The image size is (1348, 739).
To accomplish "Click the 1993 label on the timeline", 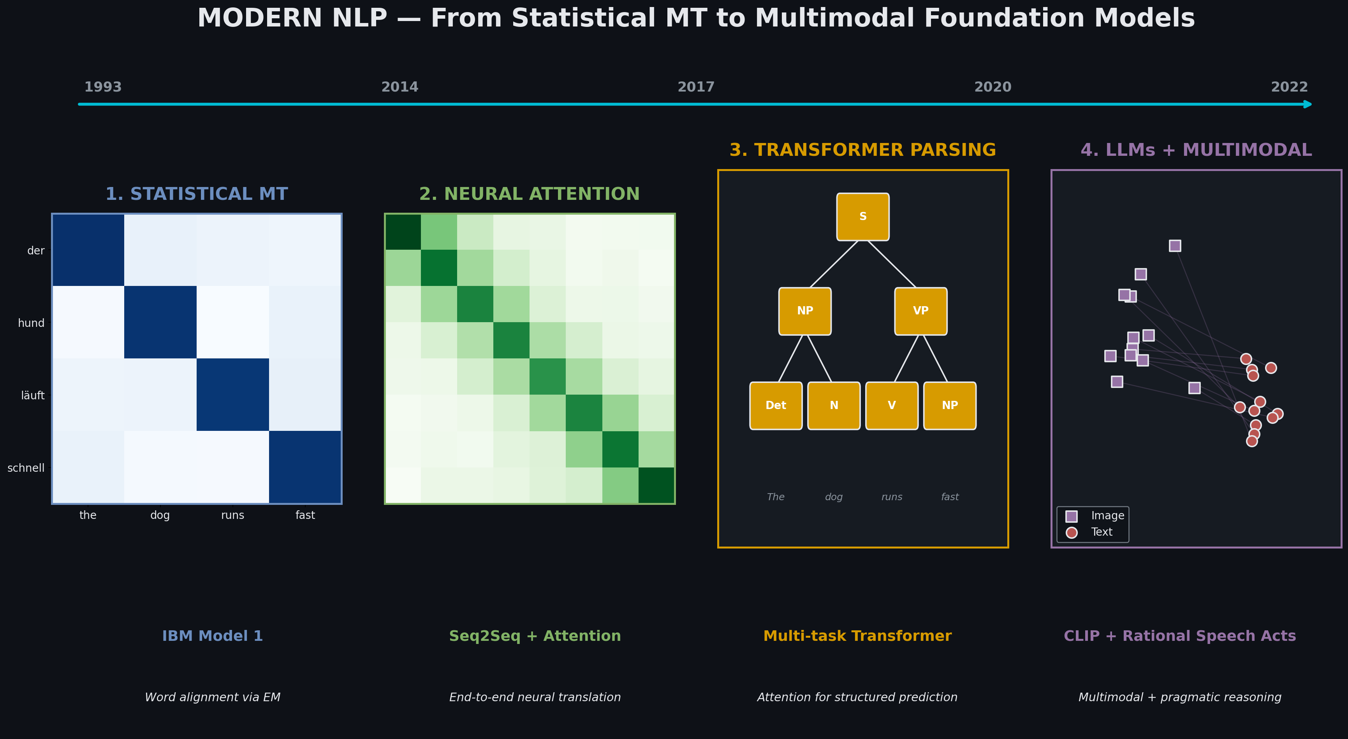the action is coord(103,87).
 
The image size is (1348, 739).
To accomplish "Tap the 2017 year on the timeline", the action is coord(696,87).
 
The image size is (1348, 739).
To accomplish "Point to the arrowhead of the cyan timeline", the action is coord(1308,104).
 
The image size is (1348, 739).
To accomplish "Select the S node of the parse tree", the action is coord(863,217).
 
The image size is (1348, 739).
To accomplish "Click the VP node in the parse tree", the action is coord(920,311).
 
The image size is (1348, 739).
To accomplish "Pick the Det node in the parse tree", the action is coord(776,406).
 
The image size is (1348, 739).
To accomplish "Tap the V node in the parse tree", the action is coord(892,406).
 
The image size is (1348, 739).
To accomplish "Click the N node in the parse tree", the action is coord(834,406).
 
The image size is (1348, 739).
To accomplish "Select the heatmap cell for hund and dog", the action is coord(160,323).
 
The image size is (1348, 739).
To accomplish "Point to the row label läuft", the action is coord(32,396).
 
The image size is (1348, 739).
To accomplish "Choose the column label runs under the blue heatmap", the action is coord(232,515).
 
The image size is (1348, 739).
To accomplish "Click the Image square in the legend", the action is coord(1071,516).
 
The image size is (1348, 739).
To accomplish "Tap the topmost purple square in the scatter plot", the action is coord(1175,246).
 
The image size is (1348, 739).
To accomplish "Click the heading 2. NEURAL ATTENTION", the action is coord(529,194).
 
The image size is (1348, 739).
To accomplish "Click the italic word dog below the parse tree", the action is coord(834,497).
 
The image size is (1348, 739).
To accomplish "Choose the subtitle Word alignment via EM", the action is coord(213,697).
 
